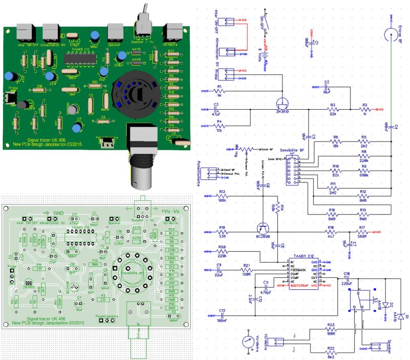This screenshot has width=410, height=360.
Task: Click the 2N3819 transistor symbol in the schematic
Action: tap(280, 101)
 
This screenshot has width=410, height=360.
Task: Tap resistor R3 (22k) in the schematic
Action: tap(333, 110)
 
